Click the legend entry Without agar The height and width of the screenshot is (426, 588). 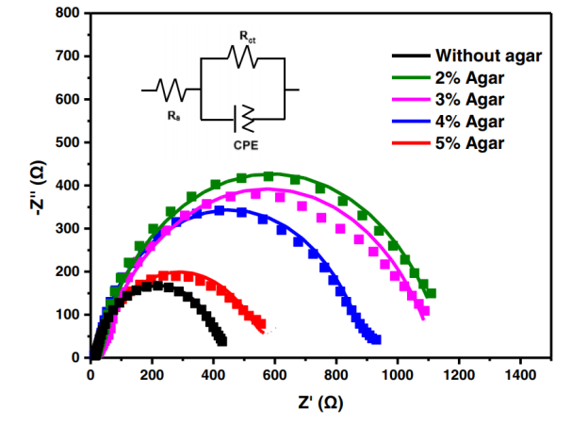pos(487,56)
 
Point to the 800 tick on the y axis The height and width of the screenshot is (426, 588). pos(65,13)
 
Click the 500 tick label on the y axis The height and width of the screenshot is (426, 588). pos(65,142)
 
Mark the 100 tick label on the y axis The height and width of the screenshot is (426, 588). pos(65,315)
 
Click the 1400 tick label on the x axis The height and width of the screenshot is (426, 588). pos(520,374)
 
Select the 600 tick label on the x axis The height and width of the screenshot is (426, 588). pos(274,374)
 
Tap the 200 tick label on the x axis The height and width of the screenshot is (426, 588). pos(152,374)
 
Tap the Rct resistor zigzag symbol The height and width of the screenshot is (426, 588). pos(242,58)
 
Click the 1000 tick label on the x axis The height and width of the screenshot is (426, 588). pos(398,374)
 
